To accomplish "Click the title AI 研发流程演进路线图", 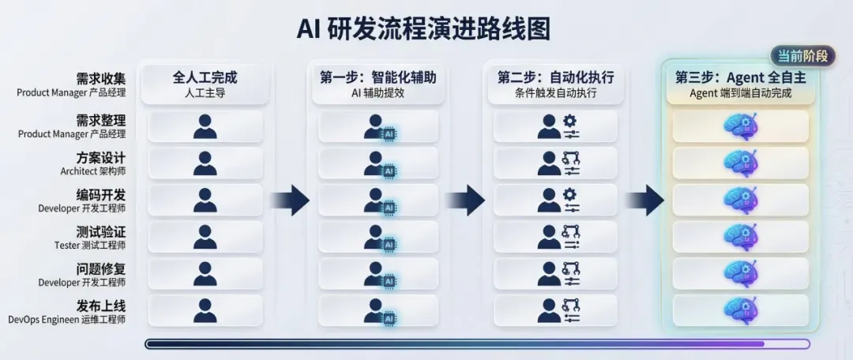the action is (423, 28).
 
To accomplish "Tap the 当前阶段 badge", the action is (802, 56).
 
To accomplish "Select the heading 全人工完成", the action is (205, 77).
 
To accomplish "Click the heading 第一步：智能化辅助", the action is (378, 77).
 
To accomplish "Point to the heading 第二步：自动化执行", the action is (555, 77).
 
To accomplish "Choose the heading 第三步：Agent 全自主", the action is (740, 77).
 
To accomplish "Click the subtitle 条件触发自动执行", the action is (555, 93).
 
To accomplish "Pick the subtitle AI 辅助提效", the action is (378, 93).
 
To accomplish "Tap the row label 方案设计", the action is (100, 158).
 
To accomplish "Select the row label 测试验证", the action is (100, 232).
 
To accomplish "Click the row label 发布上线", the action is (100, 306).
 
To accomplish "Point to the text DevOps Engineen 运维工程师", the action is (67, 319).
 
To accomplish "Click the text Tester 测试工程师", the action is (90, 246).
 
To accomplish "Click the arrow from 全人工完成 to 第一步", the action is (290, 200).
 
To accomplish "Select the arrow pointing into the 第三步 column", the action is (644, 200).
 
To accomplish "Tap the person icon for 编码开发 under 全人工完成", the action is (205, 200).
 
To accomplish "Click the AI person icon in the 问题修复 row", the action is (381, 275).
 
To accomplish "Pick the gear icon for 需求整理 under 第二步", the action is (570, 121).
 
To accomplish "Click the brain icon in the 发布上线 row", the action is (740, 309).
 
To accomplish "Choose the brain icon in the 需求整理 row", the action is (740, 126).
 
